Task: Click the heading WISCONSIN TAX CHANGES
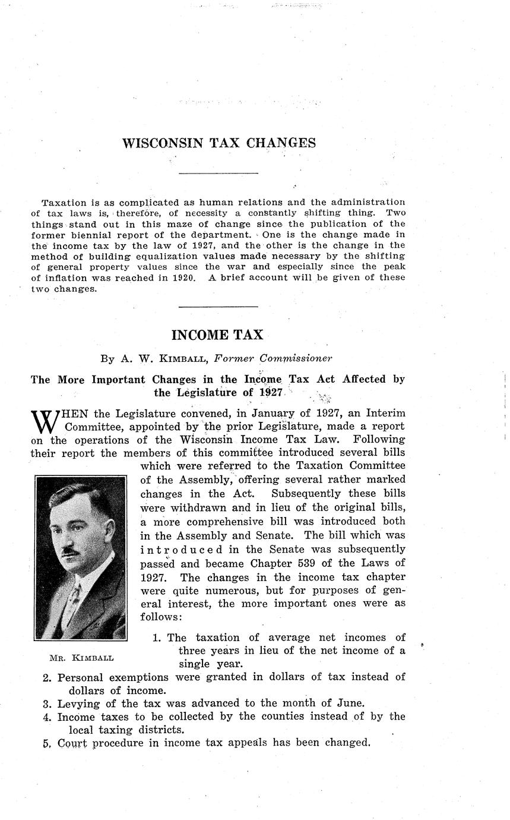pyautogui.click(x=218, y=143)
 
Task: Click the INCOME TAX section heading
pyautogui.click(x=217, y=335)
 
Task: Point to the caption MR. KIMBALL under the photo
pyautogui.click(x=82, y=658)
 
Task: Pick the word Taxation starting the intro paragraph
pyautogui.click(x=62, y=202)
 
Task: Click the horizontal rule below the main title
pyautogui.click(x=218, y=174)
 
